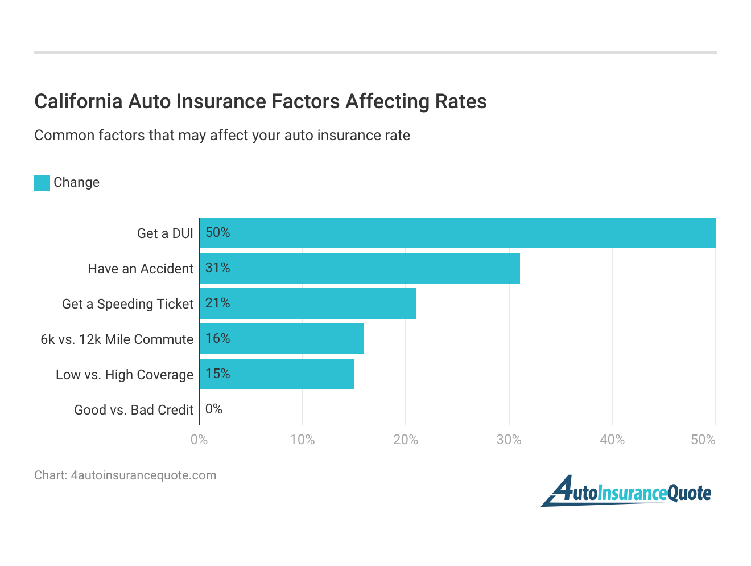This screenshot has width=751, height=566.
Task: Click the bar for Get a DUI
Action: pos(457,233)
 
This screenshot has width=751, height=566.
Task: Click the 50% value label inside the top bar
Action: pos(218,232)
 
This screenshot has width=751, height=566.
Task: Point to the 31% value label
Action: pos(218,268)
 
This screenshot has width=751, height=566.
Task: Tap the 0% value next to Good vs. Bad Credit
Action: pos(214,409)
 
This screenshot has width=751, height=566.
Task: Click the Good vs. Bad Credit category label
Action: pos(134,410)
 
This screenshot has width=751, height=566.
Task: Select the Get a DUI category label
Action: pos(165,233)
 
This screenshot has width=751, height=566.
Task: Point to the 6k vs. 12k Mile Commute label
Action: pos(117,339)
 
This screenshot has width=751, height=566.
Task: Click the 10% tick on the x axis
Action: pos(302,440)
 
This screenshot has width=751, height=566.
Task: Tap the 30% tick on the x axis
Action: pos(509,440)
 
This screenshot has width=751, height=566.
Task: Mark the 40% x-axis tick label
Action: pos(612,440)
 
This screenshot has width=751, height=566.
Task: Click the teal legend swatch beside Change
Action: pos(42,183)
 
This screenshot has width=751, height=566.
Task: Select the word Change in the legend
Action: pos(76,182)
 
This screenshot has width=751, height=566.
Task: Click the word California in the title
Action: pos(79,101)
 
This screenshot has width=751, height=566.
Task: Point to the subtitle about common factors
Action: pos(222,136)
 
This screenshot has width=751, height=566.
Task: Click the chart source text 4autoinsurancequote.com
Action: pos(143,475)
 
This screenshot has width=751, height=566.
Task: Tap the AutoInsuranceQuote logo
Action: pos(626,491)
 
